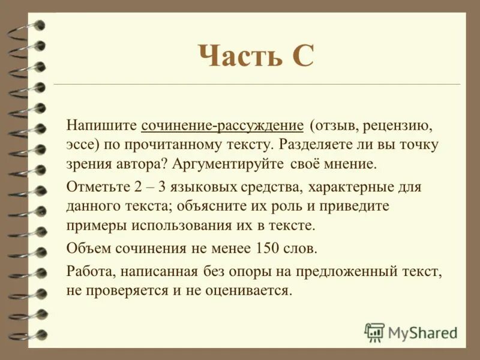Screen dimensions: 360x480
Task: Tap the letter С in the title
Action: coord(300,58)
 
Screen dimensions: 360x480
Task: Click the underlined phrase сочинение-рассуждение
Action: coord(223,127)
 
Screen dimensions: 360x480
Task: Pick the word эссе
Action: coord(81,145)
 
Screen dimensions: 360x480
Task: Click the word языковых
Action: coord(229,187)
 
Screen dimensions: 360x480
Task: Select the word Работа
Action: coord(91,272)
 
